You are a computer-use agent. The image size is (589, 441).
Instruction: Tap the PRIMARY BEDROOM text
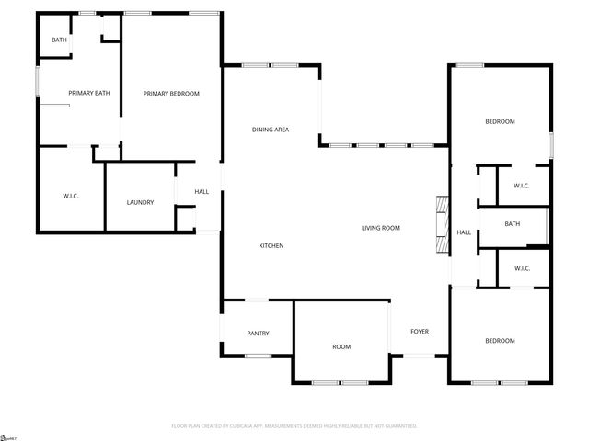pos(170,93)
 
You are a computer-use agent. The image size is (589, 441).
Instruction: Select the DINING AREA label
pos(271,130)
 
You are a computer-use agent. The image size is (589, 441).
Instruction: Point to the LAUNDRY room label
pos(140,202)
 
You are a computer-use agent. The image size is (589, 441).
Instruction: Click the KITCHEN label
pos(271,245)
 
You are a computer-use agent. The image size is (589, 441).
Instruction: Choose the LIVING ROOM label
pos(380,227)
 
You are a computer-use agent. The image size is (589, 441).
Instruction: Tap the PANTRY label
pos(258,333)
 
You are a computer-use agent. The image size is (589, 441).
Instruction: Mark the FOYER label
pos(420,331)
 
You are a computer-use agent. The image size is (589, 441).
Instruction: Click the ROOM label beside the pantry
pos(341,346)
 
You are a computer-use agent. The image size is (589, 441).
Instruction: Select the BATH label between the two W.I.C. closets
pos(512,223)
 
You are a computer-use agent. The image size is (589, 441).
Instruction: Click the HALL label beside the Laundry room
pos(202,191)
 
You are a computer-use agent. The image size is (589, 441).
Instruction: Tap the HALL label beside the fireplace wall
pos(464,232)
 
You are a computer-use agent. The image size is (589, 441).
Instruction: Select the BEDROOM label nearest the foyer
pos(500,341)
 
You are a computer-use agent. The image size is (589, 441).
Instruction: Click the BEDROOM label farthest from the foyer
pos(500,121)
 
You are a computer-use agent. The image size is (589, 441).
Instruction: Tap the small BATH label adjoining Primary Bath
pos(59,40)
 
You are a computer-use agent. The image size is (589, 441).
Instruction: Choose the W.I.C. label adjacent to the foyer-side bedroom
pos(521,268)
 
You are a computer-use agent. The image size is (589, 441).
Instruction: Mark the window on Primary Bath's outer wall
pos(38,81)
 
